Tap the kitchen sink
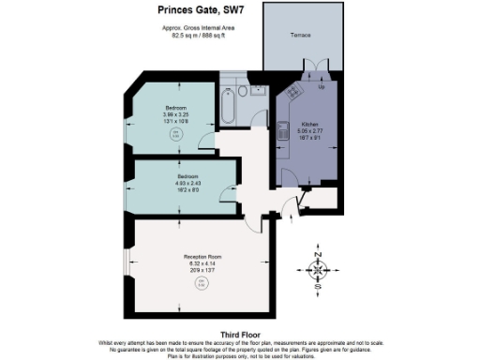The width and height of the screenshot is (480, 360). (x=281, y=134)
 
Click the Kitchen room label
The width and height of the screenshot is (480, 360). (x=309, y=124)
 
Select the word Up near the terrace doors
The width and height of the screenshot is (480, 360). (x=322, y=87)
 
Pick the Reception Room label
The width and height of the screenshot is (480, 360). (x=202, y=255)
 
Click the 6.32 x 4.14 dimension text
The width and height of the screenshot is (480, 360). (x=202, y=263)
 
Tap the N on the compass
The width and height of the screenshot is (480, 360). (x=319, y=255)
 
